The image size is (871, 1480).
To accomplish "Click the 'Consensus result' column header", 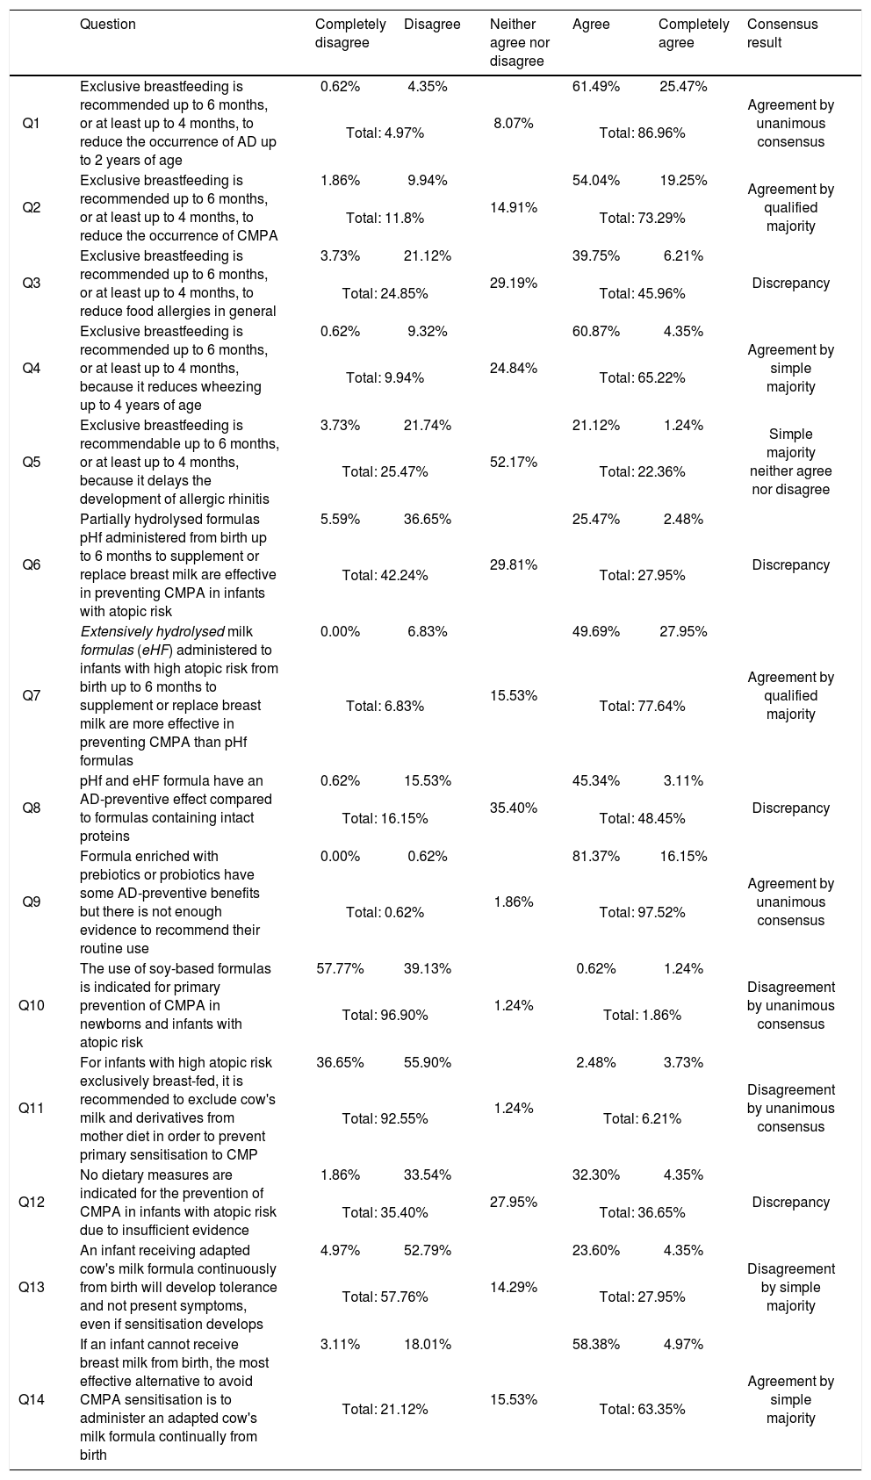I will pos(782,33).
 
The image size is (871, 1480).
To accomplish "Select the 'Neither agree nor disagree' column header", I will pos(517,43).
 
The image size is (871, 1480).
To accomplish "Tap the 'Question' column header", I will pos(108,25).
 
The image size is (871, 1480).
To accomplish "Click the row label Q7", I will pos(31,695).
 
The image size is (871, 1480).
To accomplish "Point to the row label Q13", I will pos(31,1287).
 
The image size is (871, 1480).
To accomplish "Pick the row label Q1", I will pos(31,124).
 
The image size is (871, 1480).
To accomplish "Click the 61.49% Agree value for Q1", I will pos(595,86).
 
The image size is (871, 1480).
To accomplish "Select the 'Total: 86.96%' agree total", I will pos(642,133).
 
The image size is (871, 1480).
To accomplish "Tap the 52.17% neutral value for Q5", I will pos(514,462).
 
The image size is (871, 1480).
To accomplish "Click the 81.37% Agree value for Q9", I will pos(595,856).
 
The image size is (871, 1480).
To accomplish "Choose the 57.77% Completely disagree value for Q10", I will pos(340,968).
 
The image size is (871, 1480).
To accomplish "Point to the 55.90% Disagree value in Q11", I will pos(428,1062).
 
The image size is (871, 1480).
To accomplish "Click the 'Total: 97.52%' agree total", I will pos(642,912).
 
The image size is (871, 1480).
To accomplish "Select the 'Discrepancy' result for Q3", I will pos(790,284).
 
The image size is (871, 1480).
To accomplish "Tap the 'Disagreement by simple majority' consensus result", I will pos(790,1287).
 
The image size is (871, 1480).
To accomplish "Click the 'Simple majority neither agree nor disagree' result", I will pos(790,462).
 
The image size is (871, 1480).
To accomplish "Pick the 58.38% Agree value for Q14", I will pos(595,1344).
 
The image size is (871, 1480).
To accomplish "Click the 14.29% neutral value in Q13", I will pos(514,1287).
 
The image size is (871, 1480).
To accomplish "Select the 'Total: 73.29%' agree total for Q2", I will pos(642,218).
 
